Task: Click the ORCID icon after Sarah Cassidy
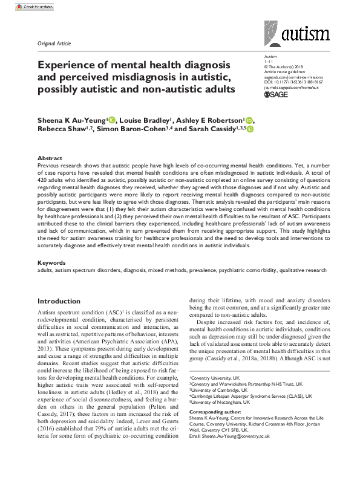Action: [x=249, y=130]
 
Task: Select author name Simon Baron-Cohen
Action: [x=133, y=130]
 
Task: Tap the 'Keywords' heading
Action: [x=51, y=263]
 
